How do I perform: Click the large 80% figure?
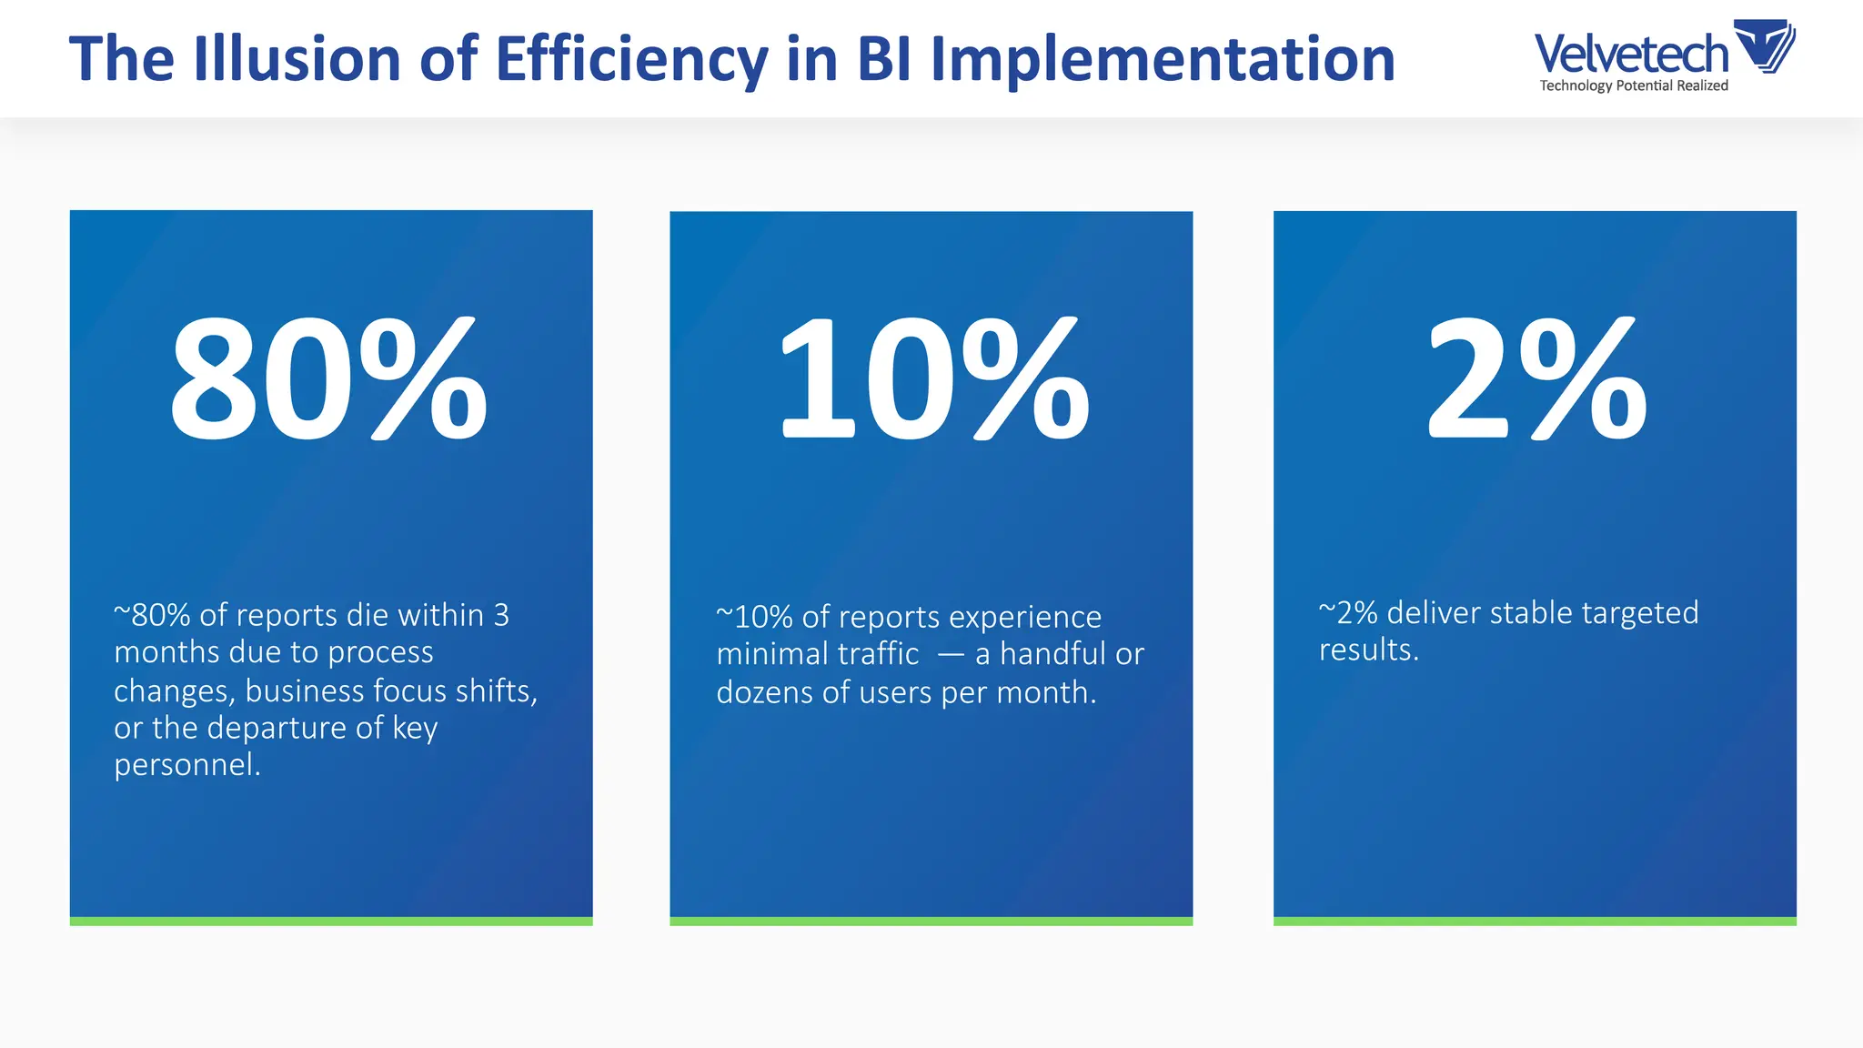(328, 380)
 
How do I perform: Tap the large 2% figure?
(1536, 380)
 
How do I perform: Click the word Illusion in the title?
(297, 59)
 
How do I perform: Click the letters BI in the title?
(882, 59)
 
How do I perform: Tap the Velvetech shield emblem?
(1766, 45)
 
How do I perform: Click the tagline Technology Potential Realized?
(1634, 86)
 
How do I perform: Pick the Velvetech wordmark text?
(1631, 54)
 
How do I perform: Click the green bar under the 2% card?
(1535, 922)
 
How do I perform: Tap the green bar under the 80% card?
(331, 922)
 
